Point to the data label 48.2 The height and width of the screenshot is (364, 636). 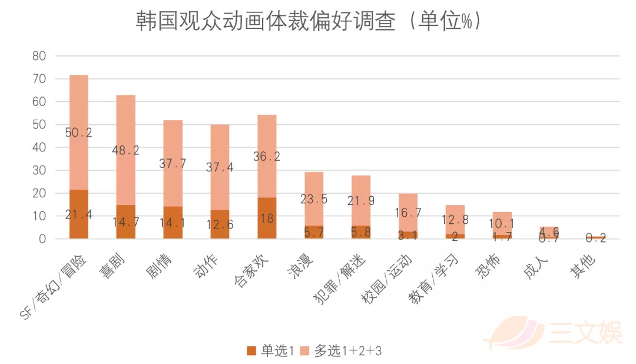point(125,150)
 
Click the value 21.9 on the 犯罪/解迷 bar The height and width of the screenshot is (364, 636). point(361,200)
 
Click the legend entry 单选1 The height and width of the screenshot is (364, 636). point(270,350)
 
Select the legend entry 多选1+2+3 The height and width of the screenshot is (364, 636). point(342,350)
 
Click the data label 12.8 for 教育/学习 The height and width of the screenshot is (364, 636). point(455,220)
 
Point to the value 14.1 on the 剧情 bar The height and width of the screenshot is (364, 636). point(173,224)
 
